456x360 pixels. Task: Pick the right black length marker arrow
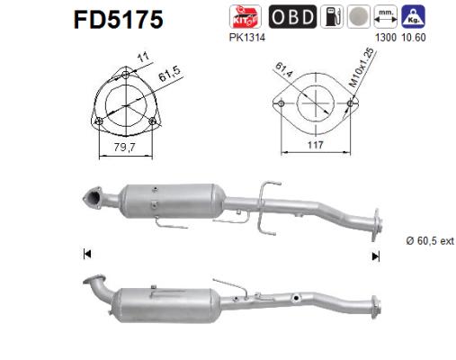[376, 256]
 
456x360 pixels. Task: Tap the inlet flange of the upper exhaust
[90, 194]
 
